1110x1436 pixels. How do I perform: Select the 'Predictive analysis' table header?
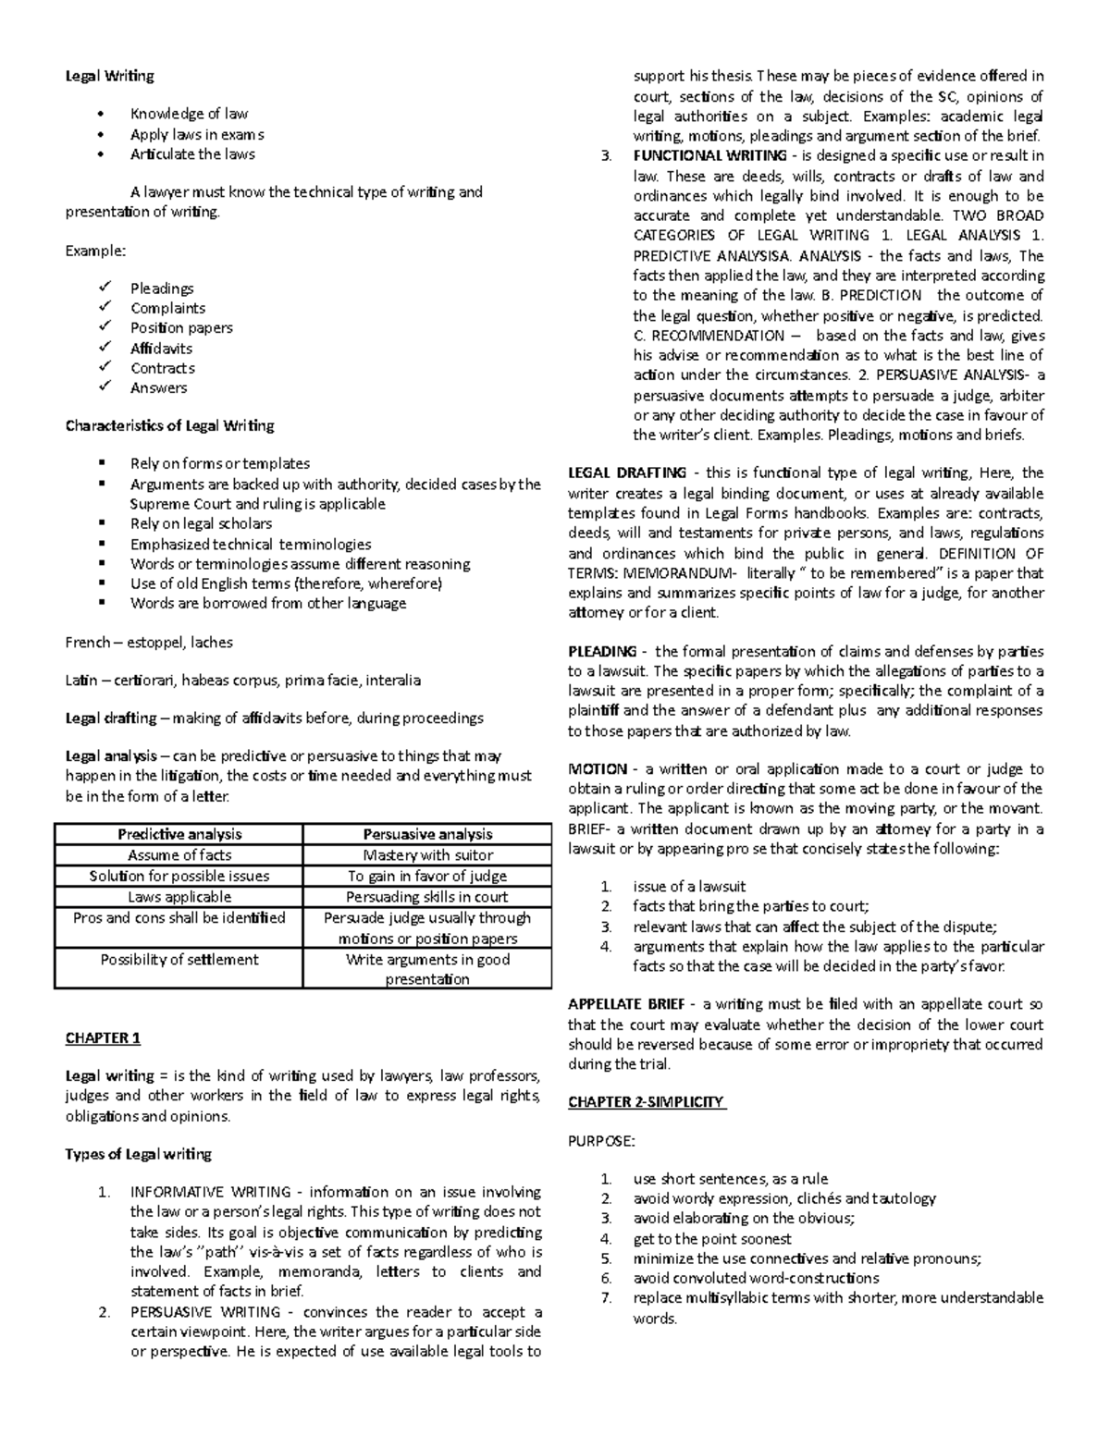pos(179,834)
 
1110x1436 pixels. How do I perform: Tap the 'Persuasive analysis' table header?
pos(427,834)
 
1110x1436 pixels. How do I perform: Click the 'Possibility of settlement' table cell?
pos(179,960)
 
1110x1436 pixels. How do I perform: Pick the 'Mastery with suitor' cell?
pos(427,855)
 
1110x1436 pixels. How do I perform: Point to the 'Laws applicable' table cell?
pos(179,897)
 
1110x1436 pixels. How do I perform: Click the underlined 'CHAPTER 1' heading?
pos(103,1037)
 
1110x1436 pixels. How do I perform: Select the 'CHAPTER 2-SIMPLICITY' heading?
pos(647,1102)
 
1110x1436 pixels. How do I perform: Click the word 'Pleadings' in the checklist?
pos(162,288)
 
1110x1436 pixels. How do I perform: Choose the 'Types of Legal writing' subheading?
pos(138,1154)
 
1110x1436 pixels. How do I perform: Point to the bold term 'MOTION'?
pos(597,769)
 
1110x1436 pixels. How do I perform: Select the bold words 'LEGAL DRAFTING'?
pos(626,473)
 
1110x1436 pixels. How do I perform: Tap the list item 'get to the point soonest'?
pos(711,1239)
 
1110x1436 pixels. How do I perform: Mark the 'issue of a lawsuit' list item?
pos(688,886)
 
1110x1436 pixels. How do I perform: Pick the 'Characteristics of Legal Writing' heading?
pos(169,425)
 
